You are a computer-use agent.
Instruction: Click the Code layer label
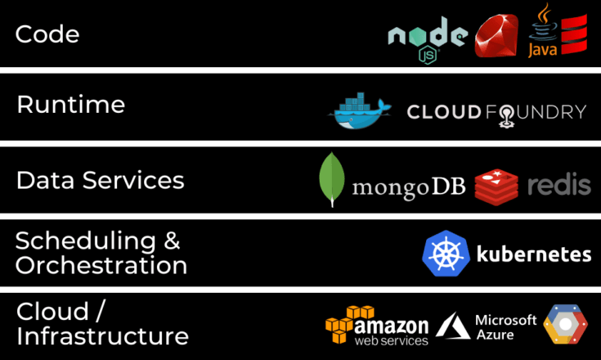47,34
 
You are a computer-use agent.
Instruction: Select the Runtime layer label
71,104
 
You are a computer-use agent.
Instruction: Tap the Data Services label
100,180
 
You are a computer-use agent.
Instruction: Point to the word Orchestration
101,265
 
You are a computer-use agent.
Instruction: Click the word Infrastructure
102,335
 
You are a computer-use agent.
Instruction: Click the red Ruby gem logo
496,36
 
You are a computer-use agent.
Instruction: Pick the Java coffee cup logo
543,30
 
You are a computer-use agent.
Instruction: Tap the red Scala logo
574,34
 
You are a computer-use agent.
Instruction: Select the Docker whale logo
360,110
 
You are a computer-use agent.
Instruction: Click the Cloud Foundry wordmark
497,114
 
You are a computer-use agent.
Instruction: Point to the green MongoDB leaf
332,179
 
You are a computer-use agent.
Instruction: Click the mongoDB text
409,187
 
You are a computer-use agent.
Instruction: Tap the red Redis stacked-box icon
496,187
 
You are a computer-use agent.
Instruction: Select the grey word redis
559,184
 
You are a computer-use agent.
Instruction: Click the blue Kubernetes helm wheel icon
446,254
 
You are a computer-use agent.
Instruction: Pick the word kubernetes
534,254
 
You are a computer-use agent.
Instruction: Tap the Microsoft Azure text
506,327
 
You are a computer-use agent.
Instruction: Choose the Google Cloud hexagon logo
565,324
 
